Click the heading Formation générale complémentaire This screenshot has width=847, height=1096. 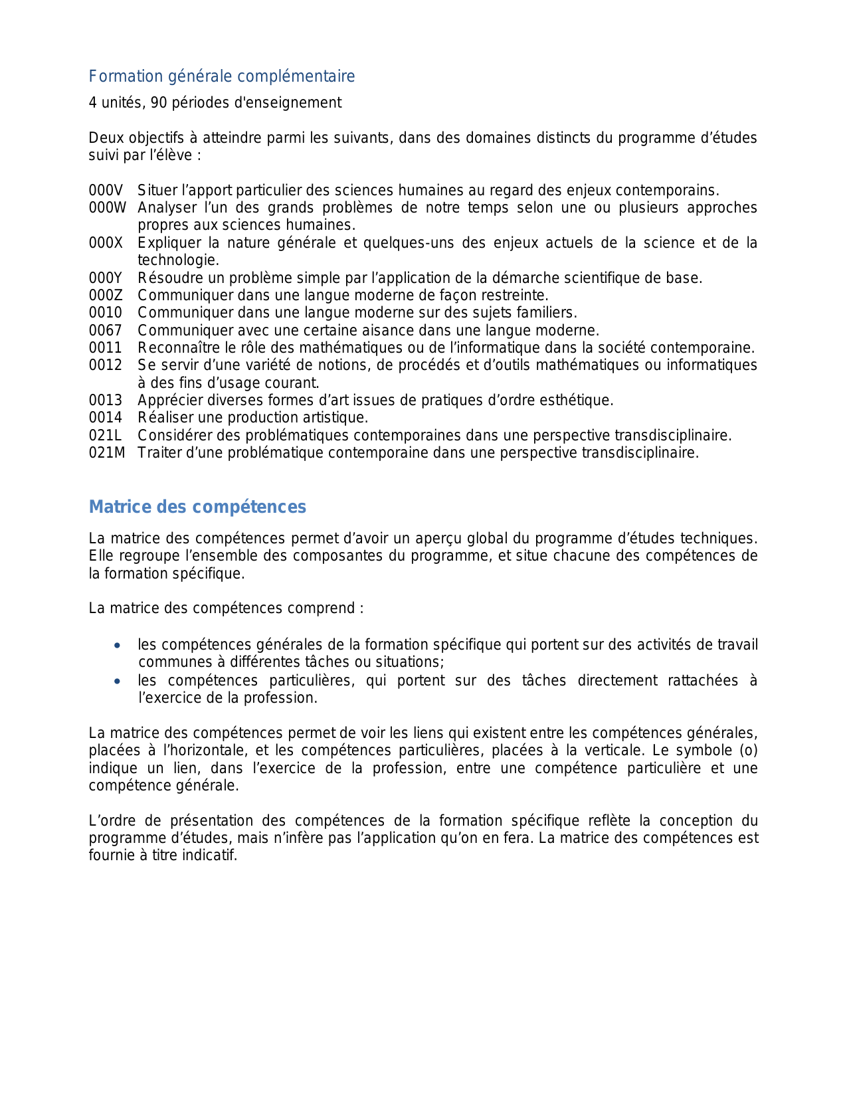click(x=222, y=76)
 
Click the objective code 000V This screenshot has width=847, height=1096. click(x=106, y=191)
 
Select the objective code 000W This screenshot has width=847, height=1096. click(x=107, y=208)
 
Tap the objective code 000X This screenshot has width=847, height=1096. click(x=106, y=243)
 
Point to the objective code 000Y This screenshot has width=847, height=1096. click(x=106, y=278)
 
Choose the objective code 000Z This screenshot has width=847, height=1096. click(x=106, y=296)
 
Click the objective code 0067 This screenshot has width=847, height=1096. click(x=106, y=331)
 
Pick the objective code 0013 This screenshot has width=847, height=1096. click(x=106, y=401)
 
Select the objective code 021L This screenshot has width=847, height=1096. click(x=106, y=436)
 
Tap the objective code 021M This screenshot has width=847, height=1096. click(x=107, y=453)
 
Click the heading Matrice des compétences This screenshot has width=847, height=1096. click(x=197, y=507)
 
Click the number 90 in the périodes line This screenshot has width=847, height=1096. click(x=159, y=103)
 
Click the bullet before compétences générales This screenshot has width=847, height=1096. click(x=118, y=645)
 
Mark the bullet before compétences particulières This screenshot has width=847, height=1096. click(x=118, y=681)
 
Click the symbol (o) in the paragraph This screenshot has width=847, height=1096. click(x=749, y=751)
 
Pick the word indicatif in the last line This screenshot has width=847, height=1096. click(x=213, y=856)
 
